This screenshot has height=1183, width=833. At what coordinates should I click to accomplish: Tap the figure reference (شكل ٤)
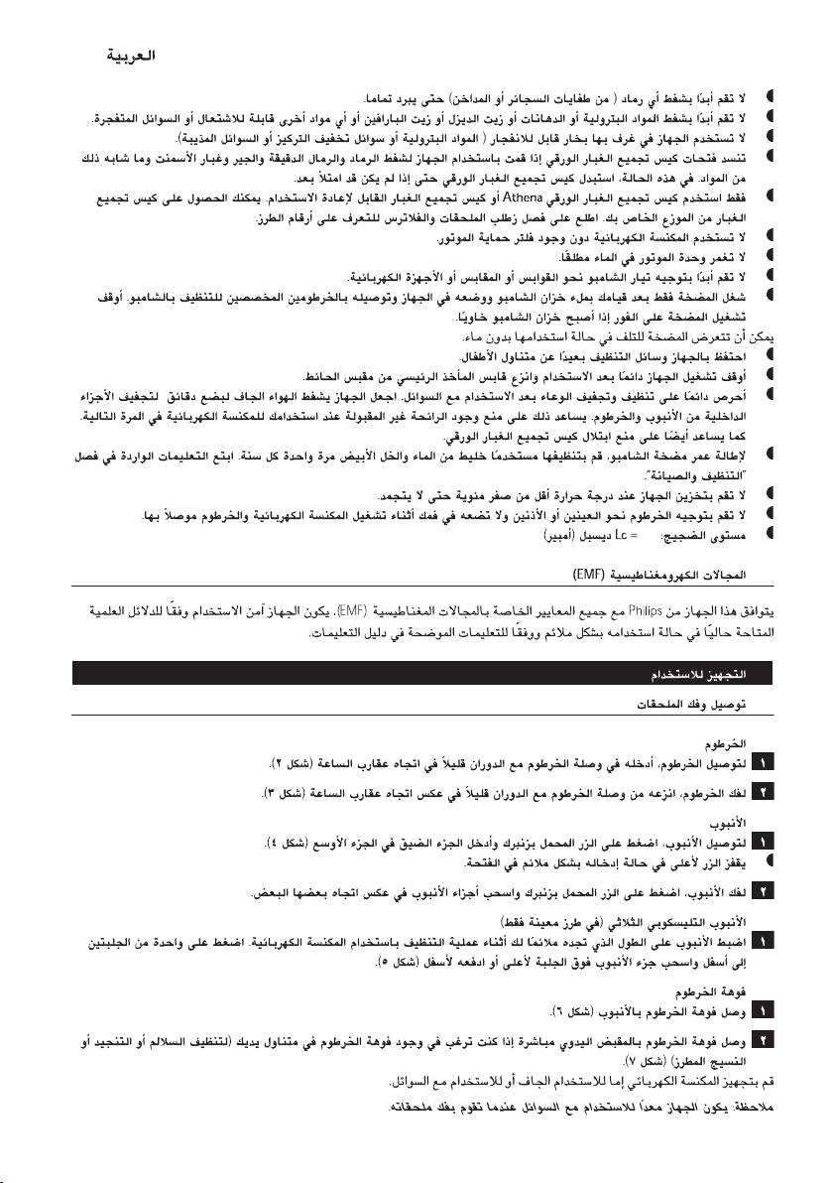point(294,843)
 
